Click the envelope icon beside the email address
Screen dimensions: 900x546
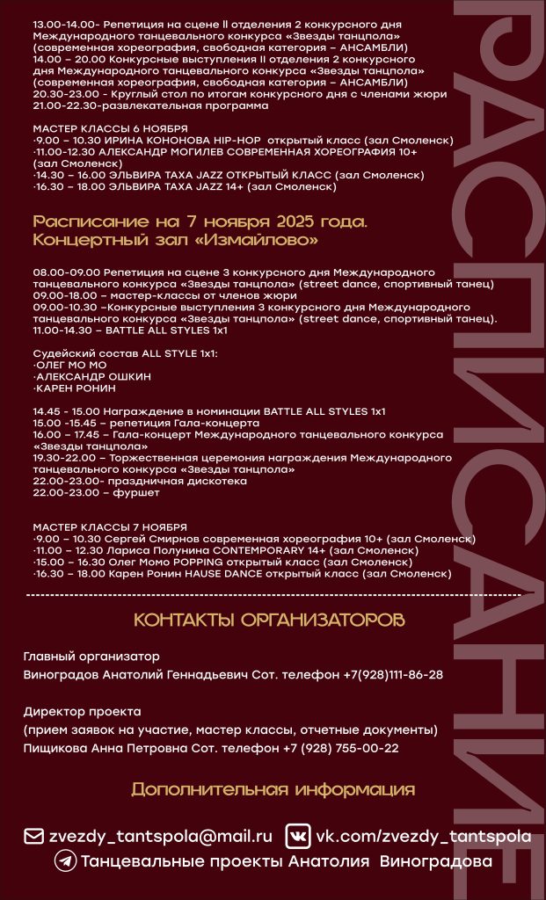pyautogui.click(x=33, y=836)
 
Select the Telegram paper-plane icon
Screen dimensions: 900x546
pyautogui.click(x=64, y=862)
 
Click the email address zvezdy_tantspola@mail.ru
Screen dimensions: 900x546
pyautogui.click(x=159, y=836)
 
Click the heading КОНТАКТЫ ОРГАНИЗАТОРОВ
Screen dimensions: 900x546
pyautogui.click(x=269, y=621)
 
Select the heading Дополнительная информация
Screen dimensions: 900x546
pyautogui.click(x=273, y=789)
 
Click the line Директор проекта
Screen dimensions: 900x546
pyautogui.click(x=83, y=711)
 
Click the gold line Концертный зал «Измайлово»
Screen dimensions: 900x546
pyautogui.click(x=175, y=239)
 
